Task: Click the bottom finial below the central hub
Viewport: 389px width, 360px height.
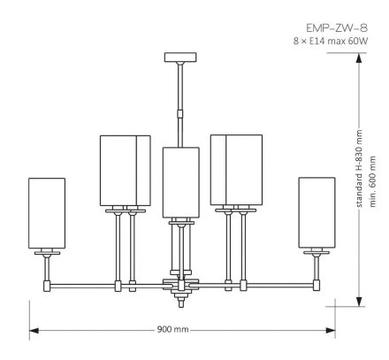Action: pyautogui.click(x=182, y=300)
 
